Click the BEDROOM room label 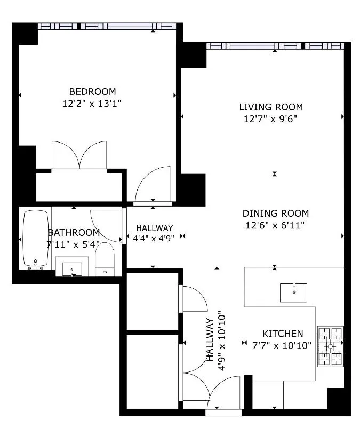pyautogui.click(x=92, y=91)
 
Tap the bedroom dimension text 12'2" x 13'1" pyautogui.click(x=92, y=104)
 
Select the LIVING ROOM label pyautogui.click(x=271, y=107)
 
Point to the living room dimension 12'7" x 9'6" pyautogui.click(x=271, y=119)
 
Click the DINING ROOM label pyautogui.click(x=276, y=213)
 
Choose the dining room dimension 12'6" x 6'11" pyautogui.click(x=276, y=226)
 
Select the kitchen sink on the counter pyautogui.click(x=294, y=292)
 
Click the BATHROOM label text pyautogui.click(x=74, y=233)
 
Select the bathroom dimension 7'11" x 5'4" pyautogui.click(x=74, y=244)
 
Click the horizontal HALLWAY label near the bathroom pyautogui.click(x=154, y=228)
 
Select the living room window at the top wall pyautogui.click(x=275, y=46)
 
